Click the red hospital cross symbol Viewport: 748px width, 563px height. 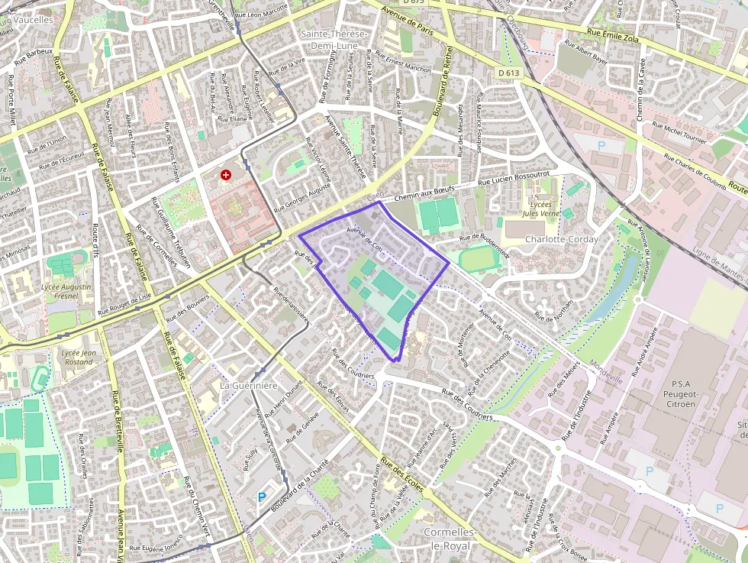[226, 175]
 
